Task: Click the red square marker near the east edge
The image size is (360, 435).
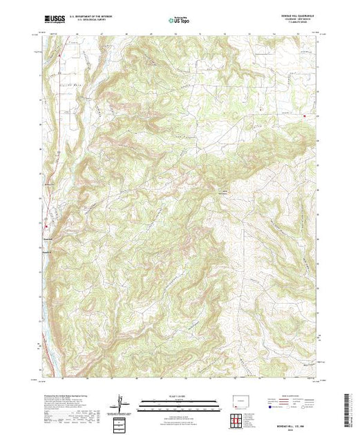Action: click(303, 115)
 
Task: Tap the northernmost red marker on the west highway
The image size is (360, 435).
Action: click(60, 53)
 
